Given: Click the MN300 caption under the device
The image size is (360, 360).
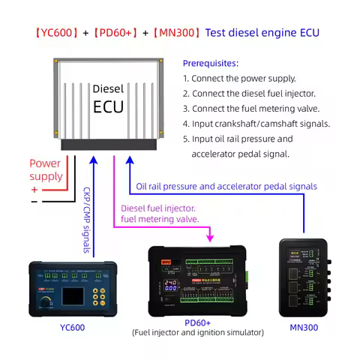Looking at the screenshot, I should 304,327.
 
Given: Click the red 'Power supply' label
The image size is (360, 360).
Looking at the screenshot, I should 46,169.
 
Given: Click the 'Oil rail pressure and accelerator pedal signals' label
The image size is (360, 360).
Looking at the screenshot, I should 226,186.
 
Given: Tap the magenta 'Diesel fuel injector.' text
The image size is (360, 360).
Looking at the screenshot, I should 158,208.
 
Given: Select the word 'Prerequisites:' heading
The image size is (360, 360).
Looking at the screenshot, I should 211,63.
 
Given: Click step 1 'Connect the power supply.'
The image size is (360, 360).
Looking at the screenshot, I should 239,78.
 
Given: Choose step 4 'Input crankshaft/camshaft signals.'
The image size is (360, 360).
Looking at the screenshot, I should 255,124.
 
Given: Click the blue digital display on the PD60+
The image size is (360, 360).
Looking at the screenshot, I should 171,285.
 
